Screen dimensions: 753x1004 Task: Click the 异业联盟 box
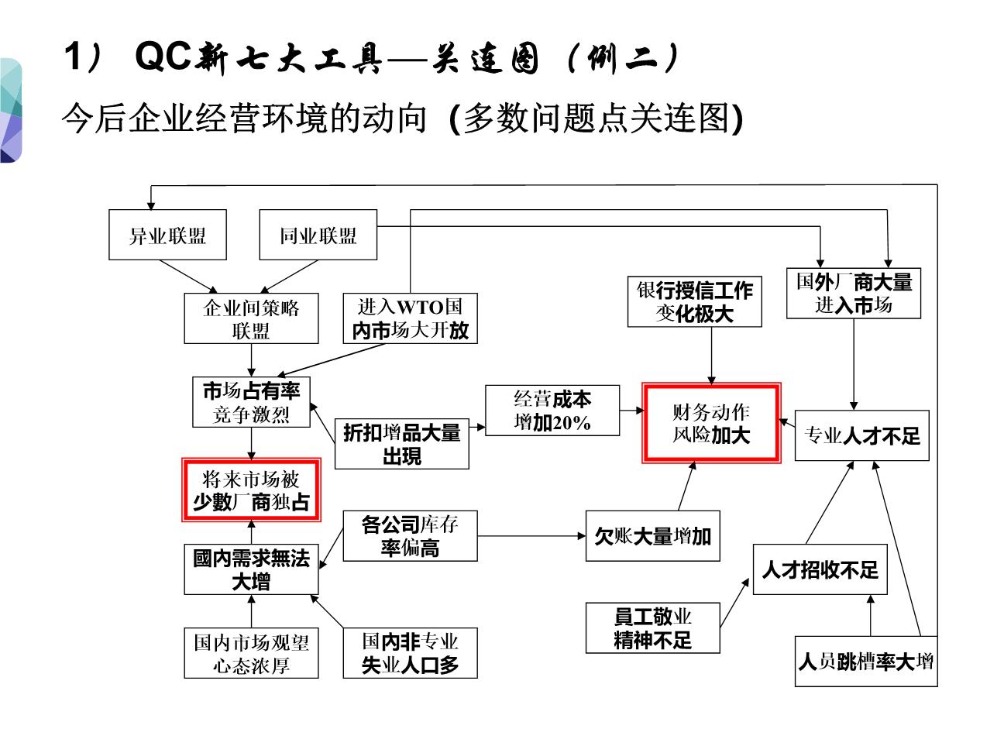(167, 235)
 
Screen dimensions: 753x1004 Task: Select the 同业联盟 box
(318, 235)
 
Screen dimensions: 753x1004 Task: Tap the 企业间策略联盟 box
(251, 318)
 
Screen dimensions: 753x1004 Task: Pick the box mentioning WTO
(410, 318)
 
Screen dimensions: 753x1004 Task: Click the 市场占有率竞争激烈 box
(251, 402)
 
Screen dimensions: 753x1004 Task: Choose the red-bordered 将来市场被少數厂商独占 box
(251, 490)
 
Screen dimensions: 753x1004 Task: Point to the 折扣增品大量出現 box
(401, 443)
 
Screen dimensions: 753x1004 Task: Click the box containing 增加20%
(552, 410)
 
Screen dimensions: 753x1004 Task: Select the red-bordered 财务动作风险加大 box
(711, 423)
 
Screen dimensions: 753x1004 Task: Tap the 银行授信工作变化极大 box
(694, 301)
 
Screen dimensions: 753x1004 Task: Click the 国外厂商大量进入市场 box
(854, 293)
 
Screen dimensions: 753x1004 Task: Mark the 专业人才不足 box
(861, 435)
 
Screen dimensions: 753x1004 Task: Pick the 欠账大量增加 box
(652, 535)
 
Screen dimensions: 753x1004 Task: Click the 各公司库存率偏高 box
(410, 535)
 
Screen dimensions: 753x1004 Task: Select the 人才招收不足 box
(820, 569)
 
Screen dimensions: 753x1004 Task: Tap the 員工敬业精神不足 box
(652, 627)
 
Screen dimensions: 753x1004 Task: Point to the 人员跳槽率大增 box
(866, 662)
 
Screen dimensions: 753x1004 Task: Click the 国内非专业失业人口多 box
(410, 653)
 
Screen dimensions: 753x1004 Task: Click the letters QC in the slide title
(163, 56)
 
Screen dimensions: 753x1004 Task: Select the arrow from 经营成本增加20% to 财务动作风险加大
(631, 411)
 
